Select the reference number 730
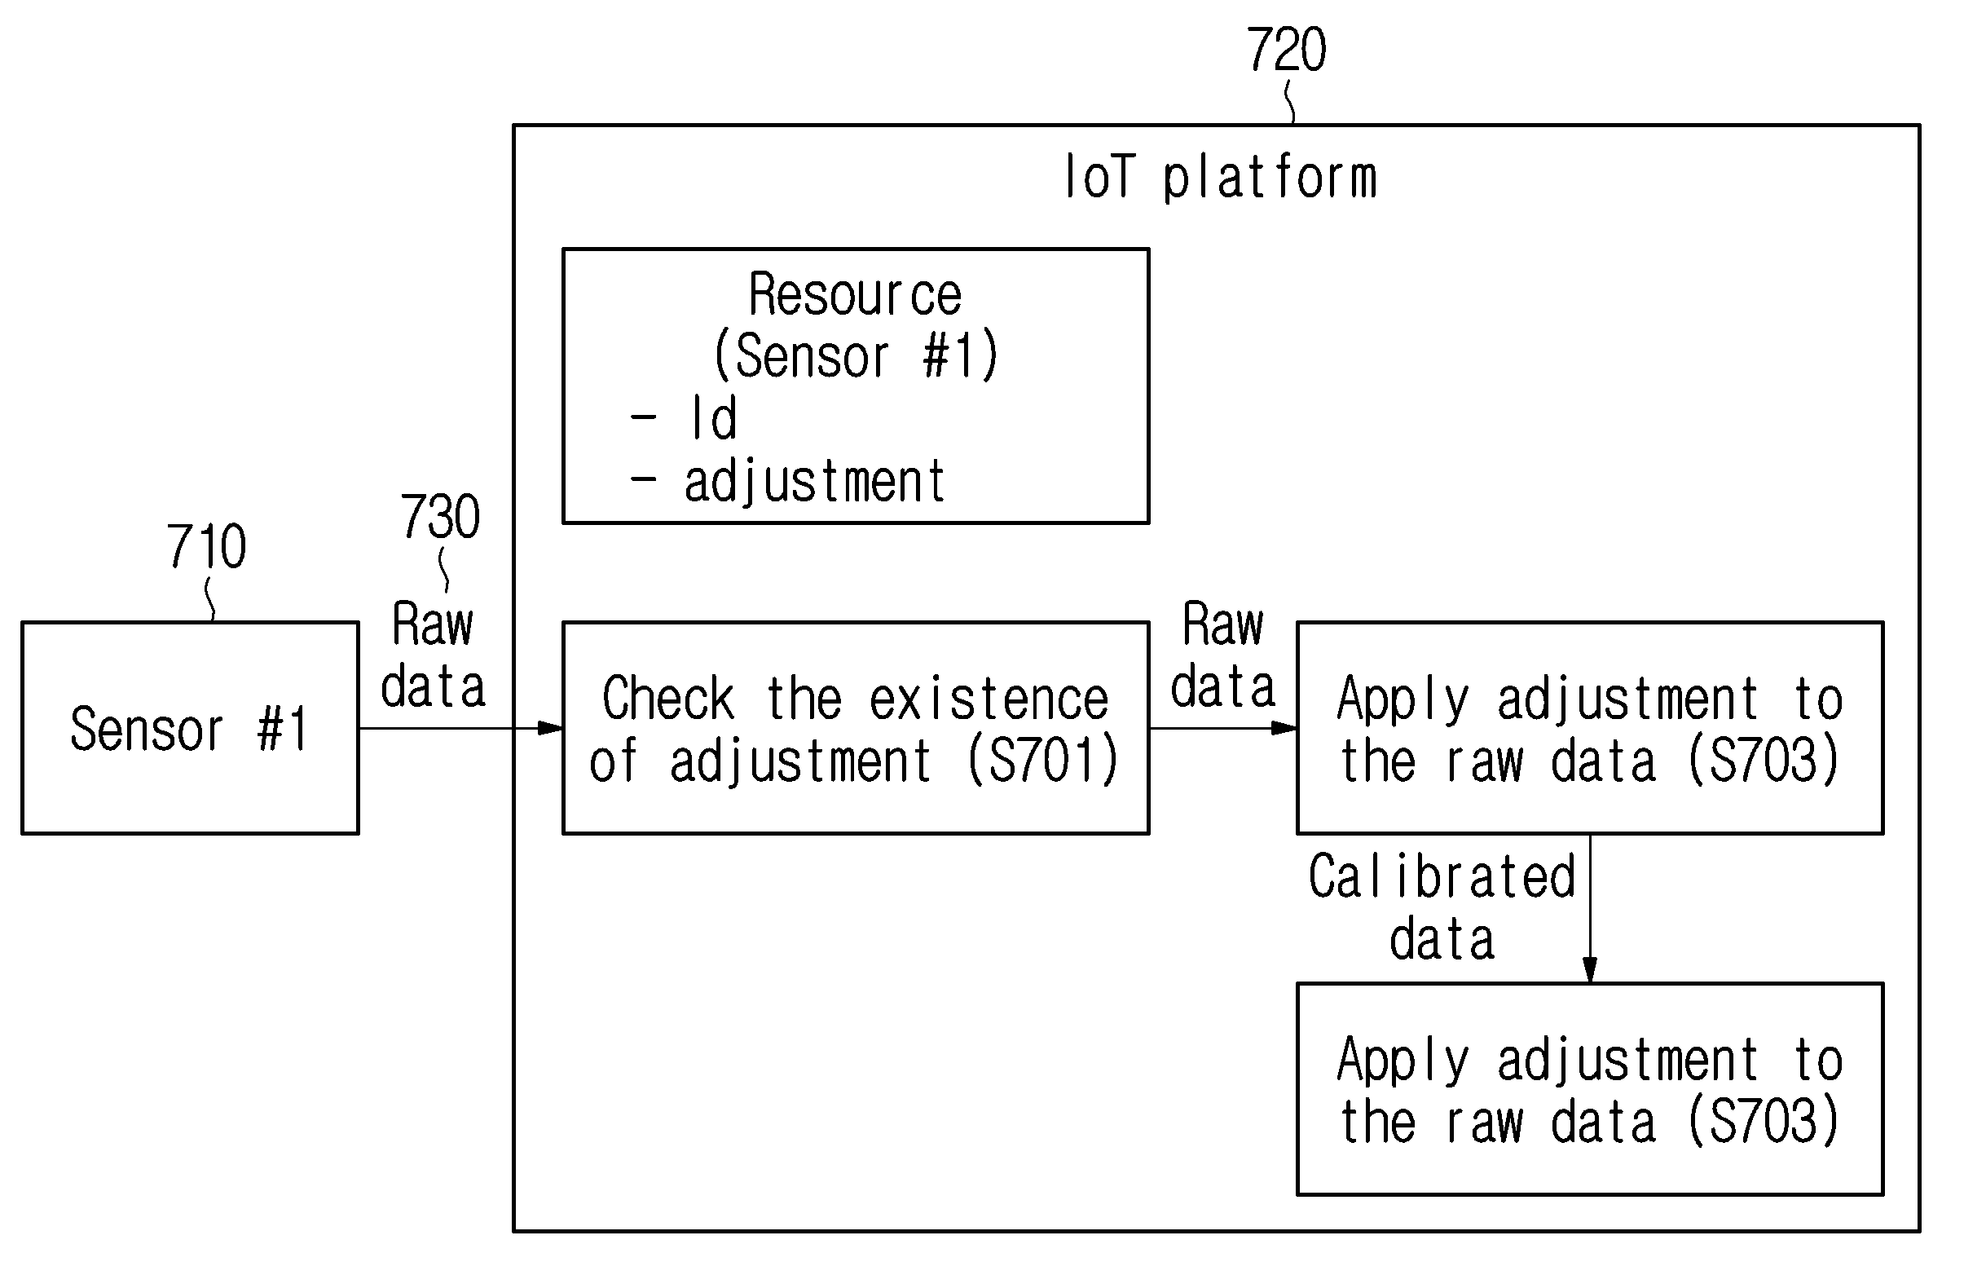441,517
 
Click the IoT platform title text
1221,178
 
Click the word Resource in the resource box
855,293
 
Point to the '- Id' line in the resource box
683,418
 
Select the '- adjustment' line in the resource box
787,483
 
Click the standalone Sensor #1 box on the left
191,728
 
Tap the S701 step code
1042,759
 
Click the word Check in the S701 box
668,698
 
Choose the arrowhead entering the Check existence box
550,728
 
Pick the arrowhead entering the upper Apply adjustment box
1285,728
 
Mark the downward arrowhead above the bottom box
1589,970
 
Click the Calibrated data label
1442,908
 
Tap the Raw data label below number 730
434,655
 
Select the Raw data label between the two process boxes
1223,655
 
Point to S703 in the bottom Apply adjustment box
1764,1121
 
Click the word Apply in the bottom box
1403,1062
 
